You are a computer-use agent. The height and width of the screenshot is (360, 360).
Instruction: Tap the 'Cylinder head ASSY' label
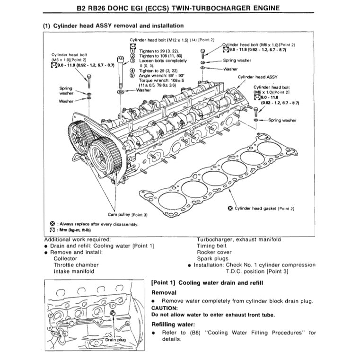258,76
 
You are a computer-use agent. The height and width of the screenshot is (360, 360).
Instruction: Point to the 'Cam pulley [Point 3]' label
128,214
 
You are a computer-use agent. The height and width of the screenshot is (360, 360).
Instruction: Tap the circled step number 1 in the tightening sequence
133,51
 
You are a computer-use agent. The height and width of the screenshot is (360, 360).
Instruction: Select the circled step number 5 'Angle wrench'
133,75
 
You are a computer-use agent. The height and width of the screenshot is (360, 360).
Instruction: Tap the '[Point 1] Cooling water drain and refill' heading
207,282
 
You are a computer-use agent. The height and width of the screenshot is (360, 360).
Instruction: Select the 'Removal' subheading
164,293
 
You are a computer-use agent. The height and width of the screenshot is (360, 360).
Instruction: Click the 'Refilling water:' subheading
173,325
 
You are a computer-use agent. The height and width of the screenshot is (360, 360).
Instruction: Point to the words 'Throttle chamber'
76,265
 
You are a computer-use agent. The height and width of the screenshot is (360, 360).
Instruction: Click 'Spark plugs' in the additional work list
212,259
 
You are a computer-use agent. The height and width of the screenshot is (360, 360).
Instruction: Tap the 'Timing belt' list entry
211,246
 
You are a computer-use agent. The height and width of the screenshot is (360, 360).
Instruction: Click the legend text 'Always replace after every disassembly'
97,224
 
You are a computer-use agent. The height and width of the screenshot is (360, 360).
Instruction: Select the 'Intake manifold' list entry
74,271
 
